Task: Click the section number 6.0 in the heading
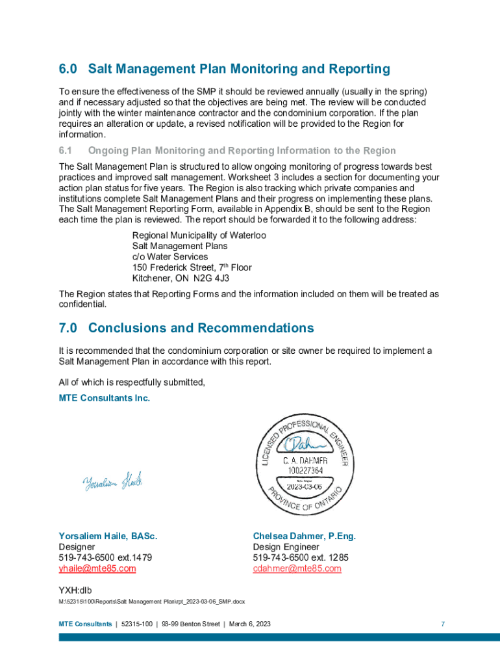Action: coord(68,69)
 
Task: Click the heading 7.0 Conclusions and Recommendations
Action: coord(186,328)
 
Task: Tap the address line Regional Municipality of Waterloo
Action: coord(199,235)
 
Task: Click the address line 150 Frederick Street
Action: coord(192,267)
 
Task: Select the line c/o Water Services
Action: coord(170,257)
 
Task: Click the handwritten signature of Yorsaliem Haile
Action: coord(112,481)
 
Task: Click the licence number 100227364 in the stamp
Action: coord(303,470)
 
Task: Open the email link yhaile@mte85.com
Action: coord(97,568)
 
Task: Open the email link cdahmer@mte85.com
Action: coord(297,568)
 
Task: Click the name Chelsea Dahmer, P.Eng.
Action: coord(304,537)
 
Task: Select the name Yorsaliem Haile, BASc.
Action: coord(108,537)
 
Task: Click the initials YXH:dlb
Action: coord(76,590)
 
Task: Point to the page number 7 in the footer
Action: coord(442,624)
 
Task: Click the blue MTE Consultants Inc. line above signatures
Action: coord(104,398)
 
